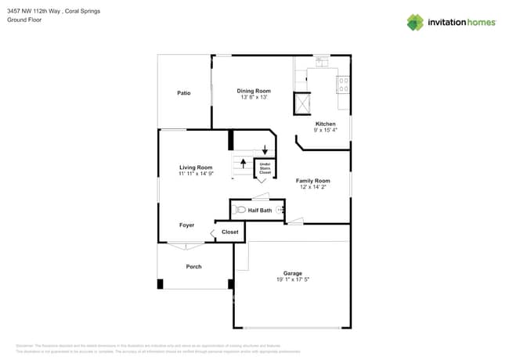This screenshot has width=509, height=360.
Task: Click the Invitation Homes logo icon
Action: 415,23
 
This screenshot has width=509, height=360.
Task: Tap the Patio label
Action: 183,93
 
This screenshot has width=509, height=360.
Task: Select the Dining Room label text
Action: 254,91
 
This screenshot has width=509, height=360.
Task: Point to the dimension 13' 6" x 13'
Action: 254,98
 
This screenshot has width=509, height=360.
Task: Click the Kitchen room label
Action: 325,124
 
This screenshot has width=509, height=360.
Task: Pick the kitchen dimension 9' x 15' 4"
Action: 325,131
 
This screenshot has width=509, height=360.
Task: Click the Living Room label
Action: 196,167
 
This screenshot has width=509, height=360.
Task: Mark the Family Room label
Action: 313,181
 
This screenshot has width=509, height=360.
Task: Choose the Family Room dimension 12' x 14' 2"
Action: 313,187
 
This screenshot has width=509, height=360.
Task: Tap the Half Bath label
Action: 260,211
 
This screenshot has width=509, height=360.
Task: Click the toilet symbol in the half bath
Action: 240,210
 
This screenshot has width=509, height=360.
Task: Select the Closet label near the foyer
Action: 230,232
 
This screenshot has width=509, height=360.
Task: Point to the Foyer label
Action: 186,225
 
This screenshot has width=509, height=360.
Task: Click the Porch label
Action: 193,267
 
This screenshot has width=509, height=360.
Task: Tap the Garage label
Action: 293,273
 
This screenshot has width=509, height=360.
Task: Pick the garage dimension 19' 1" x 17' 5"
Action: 293,279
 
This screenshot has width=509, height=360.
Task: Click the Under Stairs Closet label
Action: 265,168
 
